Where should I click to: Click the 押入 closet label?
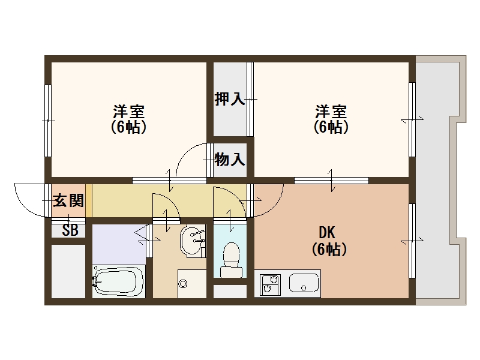tap(230, 99)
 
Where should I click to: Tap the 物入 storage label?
tap(230, 160)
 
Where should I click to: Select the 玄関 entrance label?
tap(68, 201)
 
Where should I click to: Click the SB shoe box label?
tap(70, 230)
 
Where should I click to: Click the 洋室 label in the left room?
tap(128, 112)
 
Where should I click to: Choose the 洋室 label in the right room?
tap(331, 112)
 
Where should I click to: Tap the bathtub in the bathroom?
tap(119, 280)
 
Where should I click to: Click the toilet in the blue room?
tap(230, 259)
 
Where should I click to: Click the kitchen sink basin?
tap(304, 283)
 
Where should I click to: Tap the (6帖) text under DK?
tap(329, 250)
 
